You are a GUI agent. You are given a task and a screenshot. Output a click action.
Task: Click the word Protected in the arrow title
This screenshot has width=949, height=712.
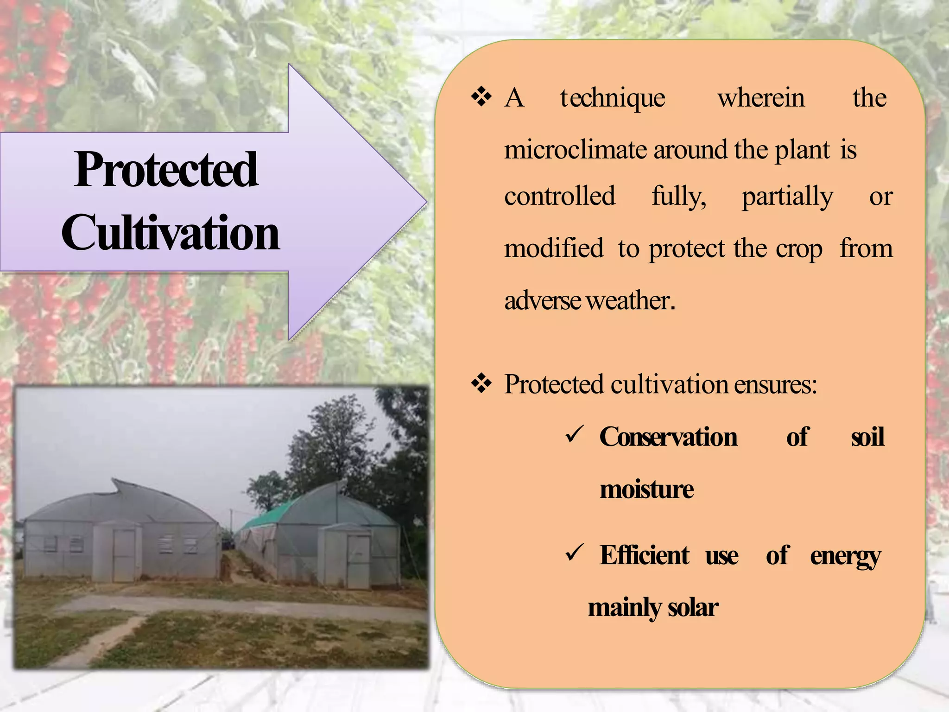pos(165,170)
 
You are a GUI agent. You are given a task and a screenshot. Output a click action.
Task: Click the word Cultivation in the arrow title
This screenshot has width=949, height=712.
pos(170,233)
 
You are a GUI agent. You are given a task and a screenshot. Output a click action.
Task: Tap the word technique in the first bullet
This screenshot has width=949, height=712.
pos(613,98)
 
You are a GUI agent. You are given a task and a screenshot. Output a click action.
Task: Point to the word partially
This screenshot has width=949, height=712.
pos(787,197)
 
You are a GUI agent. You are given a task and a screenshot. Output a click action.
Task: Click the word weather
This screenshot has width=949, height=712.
pos(630,300)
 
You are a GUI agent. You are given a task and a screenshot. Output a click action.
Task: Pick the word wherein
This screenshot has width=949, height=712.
pos(761,98)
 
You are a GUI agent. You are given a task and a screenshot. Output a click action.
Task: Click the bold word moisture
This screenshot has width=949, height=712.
pos(646,489)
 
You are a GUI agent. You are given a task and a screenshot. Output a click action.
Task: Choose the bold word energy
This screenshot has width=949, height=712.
pos(845,556)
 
